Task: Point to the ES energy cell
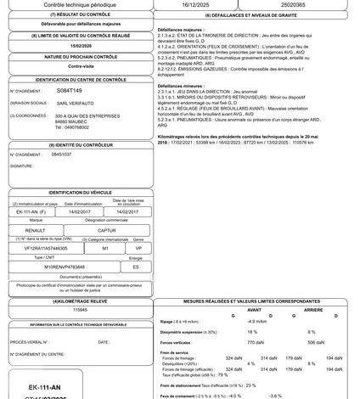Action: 135,267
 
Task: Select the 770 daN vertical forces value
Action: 257,341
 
